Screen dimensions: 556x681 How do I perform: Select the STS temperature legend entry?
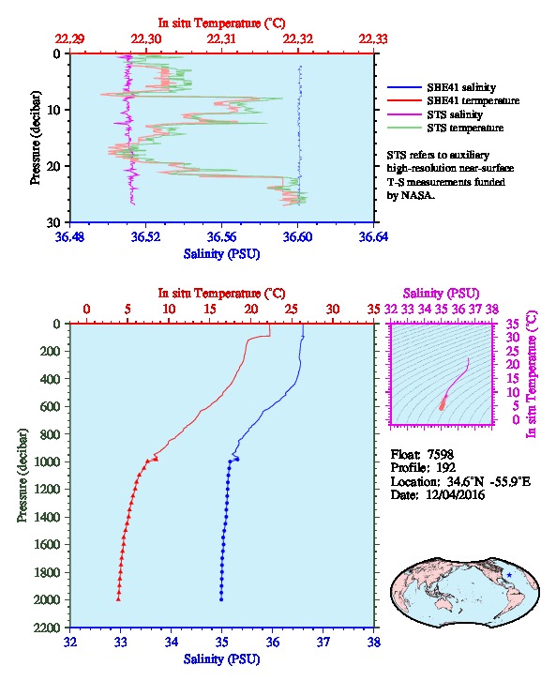point(445,128)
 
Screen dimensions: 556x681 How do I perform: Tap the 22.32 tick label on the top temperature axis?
point(298,39)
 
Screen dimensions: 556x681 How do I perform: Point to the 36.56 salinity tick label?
point(222,236)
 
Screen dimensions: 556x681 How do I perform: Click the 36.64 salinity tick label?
point(373,236)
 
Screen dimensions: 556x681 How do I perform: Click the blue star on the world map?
point(509,575)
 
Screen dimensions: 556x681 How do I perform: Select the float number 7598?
point(441,454)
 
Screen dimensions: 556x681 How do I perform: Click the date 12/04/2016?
point(455,494)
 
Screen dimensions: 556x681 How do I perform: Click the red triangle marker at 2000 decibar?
point(118,599)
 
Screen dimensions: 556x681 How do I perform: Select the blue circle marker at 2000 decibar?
point(221,599)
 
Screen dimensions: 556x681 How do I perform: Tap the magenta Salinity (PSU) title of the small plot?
point(441,294)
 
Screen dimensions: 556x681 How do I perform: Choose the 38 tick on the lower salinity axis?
point(374,642)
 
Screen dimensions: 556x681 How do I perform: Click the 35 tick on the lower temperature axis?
point(374,310)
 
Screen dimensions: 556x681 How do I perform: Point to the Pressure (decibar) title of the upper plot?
point(36,138)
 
